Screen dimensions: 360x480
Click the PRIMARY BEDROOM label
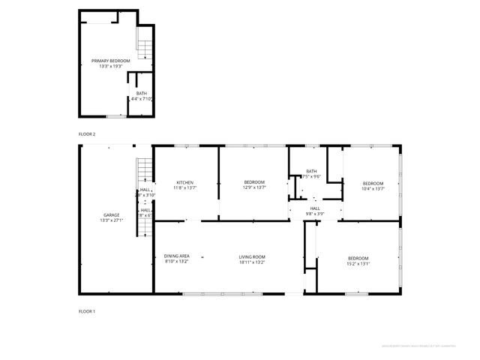(110, 61)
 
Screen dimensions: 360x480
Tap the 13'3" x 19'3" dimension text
(110, 66)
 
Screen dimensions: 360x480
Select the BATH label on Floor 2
(142, 94)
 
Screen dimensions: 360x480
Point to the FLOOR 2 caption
(87, 133)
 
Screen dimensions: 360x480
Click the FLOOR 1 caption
(87, 310)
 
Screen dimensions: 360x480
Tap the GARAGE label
(111, 215)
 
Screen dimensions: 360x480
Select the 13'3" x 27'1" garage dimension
(111, 220)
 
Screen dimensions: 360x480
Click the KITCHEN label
(185, 183)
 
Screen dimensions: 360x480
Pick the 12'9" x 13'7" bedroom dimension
(253, 188)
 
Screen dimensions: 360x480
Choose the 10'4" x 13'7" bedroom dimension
(373, 188)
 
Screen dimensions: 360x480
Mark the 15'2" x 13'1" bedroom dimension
(358, 263)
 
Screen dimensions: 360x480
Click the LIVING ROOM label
(251, 256)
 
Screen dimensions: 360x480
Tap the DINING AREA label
(177, 256)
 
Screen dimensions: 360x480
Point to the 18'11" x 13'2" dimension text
(251, 262)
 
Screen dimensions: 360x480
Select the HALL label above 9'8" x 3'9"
(315, 208)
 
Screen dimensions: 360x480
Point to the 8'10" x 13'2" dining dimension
(177, 262)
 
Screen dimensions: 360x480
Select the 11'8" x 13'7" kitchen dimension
(185, 188)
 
